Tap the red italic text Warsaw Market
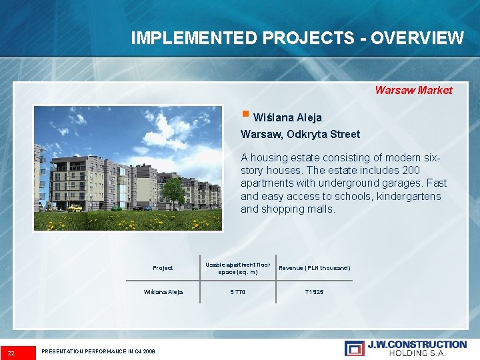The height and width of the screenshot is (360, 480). coord(413,90)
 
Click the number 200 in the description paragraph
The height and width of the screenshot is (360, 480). coord(411,171)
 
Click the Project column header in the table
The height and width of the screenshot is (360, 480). coord(163,268)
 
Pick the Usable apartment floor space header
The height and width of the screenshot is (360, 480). coord(237,268)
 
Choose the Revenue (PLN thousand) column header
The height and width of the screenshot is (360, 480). coord(314,268)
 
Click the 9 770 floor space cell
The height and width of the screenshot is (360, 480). coord(237,292)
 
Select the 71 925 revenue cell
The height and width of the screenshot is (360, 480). coord(314,292)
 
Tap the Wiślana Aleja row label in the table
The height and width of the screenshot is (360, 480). coord(163,292)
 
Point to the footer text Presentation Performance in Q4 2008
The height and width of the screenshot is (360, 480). coord(98,351)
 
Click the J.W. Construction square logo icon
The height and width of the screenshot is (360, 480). coord(354,348)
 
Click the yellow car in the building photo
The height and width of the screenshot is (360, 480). coord(75,208)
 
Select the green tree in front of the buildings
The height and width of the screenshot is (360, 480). coord(173,191)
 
